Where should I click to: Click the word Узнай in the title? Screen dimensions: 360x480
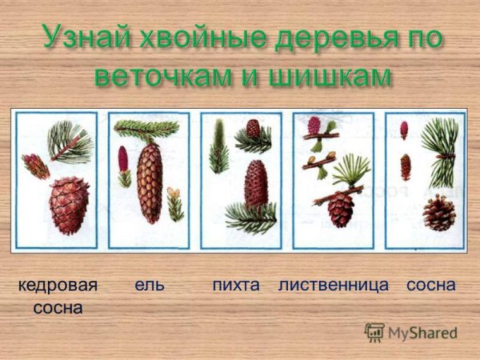coord(78,38)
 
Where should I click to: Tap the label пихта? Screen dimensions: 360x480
coord(237,285)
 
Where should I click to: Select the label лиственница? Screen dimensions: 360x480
coord(334,285)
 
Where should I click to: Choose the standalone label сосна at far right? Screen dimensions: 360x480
coord(430,285)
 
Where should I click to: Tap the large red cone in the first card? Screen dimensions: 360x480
coord(70,205)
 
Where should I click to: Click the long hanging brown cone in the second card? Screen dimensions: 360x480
coord(149,182)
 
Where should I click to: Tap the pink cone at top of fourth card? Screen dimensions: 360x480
coord(313,125)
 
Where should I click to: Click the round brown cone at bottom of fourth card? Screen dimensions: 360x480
coord(340,210)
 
